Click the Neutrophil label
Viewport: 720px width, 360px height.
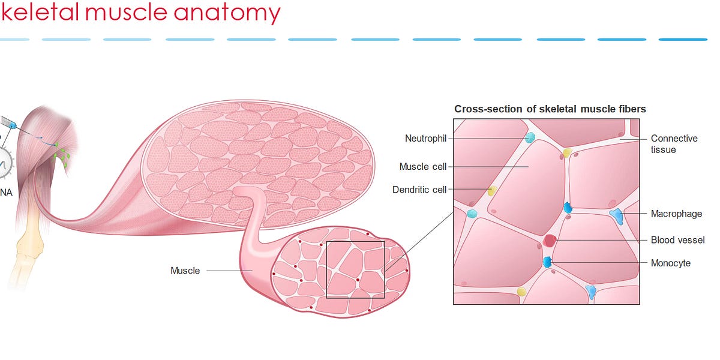425,139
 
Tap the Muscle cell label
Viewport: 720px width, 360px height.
423,166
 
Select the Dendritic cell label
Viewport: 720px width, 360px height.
419,190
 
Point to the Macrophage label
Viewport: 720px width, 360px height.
676,214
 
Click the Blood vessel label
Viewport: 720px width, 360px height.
677,240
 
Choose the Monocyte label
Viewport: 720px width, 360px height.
670,263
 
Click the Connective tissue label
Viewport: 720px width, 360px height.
674,144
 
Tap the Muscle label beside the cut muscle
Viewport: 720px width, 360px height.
185,271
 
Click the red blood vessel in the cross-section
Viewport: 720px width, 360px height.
550,241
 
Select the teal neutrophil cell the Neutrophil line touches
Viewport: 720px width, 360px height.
530,138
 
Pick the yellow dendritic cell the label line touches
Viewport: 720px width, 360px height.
493,191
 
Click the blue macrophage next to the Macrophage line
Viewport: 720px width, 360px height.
617,216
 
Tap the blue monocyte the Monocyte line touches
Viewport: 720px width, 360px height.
547,262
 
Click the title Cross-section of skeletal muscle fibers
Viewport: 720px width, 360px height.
550,109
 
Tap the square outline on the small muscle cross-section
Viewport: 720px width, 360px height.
355,269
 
